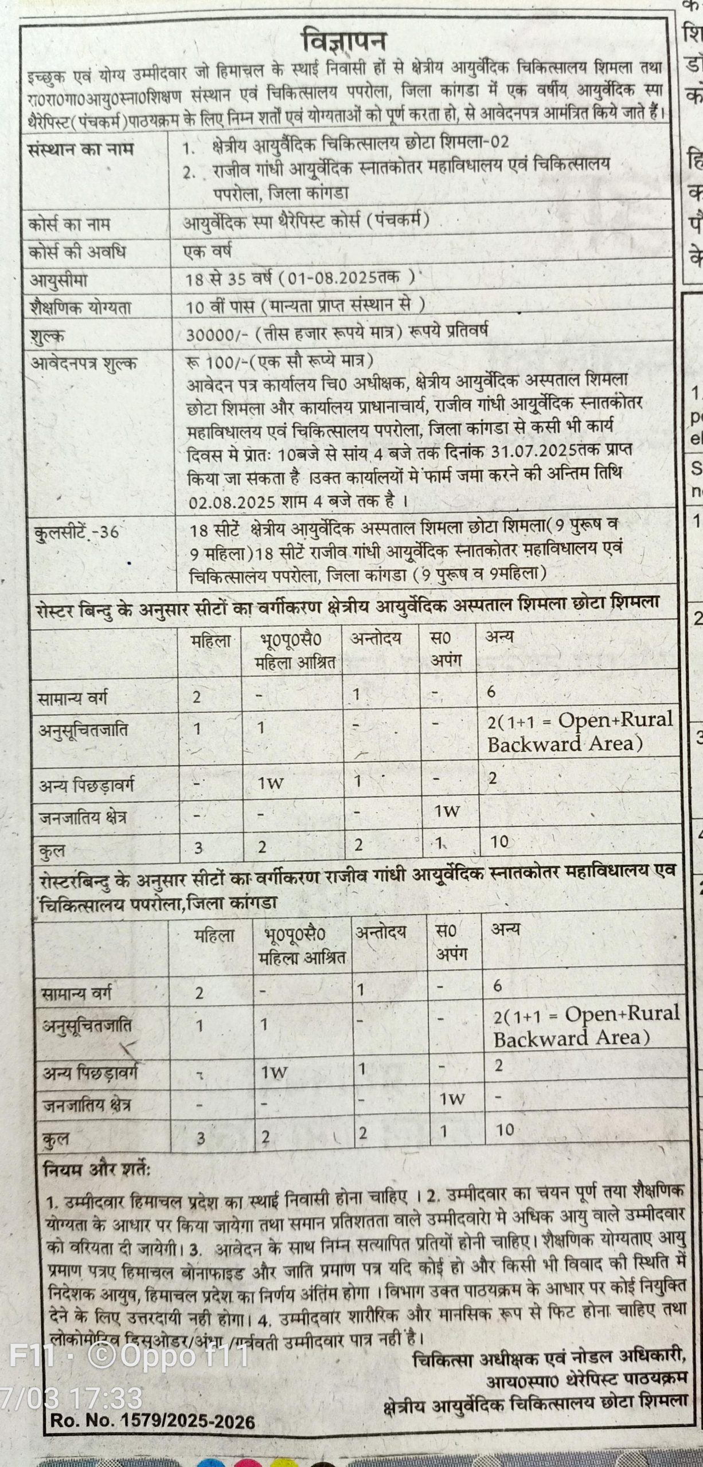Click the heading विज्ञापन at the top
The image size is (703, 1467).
coord(345,41)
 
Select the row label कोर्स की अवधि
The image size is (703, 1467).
coord(77,252)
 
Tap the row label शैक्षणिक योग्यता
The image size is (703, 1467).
coord(80,308)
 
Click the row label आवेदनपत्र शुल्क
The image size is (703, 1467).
coord(84,363)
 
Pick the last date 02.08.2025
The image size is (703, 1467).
coord(232,501)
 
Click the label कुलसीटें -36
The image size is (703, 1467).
coord(75,532)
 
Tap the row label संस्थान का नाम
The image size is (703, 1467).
coord(81,150)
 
